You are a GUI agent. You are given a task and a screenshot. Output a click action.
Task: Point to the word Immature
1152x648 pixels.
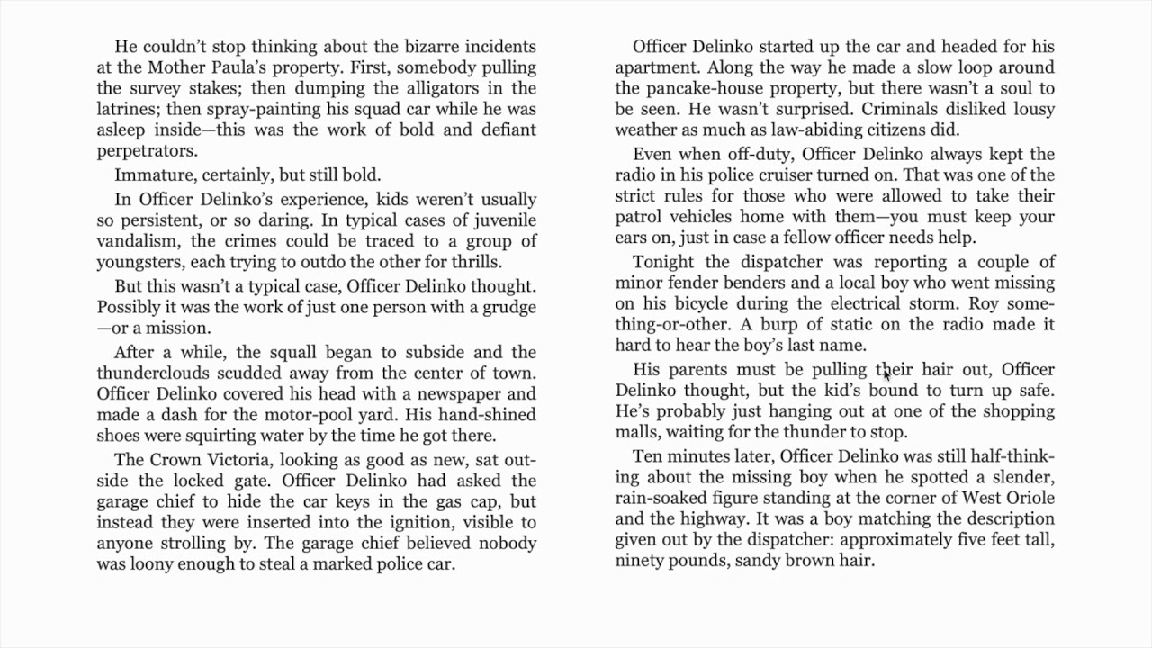click(151, 175)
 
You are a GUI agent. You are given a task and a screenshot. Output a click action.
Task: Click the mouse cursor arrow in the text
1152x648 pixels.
click(886, 374)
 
